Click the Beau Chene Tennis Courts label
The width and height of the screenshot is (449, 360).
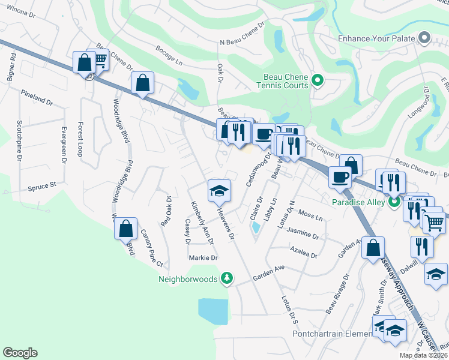coord(286,81)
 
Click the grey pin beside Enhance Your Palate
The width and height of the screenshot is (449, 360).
coord(425,38)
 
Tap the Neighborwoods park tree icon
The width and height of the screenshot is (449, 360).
coord(227,278)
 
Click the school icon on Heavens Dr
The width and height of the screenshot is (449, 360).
coord(219,191)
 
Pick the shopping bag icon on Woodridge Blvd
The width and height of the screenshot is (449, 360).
coord(125,229)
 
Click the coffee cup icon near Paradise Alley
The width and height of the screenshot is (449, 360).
coord(340,178)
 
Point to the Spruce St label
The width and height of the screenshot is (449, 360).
coord(41,187)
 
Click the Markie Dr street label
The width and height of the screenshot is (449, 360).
coord(203,257)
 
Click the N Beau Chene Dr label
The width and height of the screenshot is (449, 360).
coord(242,35)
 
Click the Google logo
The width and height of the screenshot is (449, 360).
coord(20,353)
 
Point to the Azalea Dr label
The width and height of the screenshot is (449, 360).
coord(303,251)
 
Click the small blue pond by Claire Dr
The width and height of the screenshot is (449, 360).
coord(257,228)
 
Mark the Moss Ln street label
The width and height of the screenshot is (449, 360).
coord(310,214)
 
